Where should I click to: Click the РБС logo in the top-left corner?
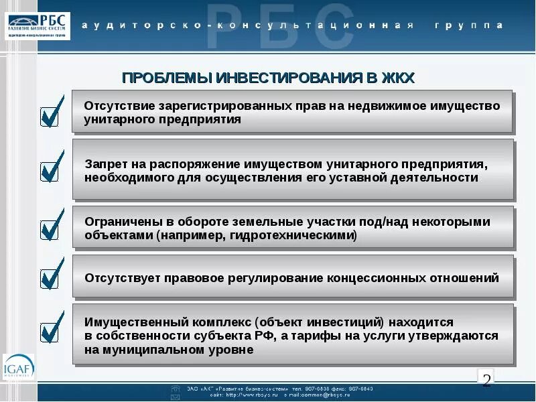[38, 25]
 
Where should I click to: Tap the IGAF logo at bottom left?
[18, 367]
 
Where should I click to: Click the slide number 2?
[487, 379]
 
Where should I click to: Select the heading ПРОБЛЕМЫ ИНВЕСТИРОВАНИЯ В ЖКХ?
[269, 78]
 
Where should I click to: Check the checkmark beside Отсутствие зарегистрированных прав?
[52, 113]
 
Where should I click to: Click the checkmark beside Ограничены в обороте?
[52, 226]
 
